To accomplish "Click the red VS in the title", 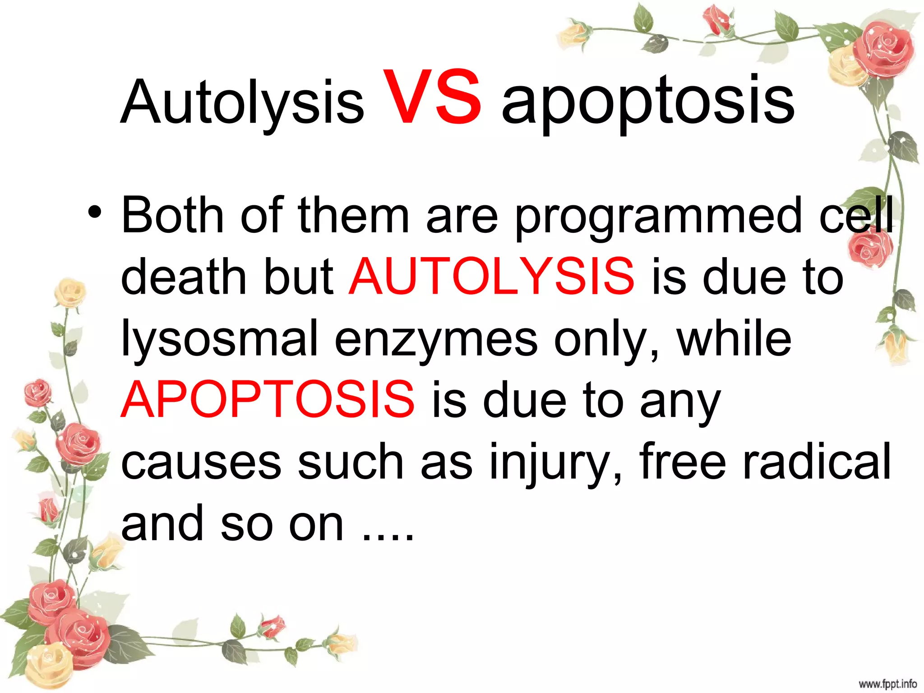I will [432, 98].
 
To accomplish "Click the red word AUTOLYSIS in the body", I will [491, 276].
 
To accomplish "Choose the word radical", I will [817, 461].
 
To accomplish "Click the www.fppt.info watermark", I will [887, 684].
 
